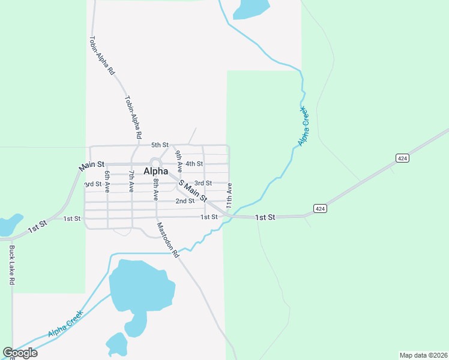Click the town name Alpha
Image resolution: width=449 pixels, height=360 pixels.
tap(155, 172)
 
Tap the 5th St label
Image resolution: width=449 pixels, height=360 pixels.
tap(160, 145)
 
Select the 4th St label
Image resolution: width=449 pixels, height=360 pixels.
tap(194, 164)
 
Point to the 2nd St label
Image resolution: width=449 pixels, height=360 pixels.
tap(184, 201)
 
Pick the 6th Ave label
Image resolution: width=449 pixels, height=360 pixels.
tap(107, 181)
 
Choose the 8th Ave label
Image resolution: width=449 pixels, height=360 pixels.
tap(155, 189)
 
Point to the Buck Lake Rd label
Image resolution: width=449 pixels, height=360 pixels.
tap(11, 264)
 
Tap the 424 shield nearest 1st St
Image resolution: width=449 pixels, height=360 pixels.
tap(320, 208)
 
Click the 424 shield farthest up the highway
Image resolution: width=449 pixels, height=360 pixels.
tap(402, 158)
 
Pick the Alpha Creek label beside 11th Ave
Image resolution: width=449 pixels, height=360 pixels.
tap(303, 127)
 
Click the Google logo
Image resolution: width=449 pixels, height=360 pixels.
tap(20, 352)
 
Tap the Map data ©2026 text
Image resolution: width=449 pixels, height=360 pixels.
tap(423, 355)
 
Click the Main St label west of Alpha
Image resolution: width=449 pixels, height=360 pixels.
tap(92, 164)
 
